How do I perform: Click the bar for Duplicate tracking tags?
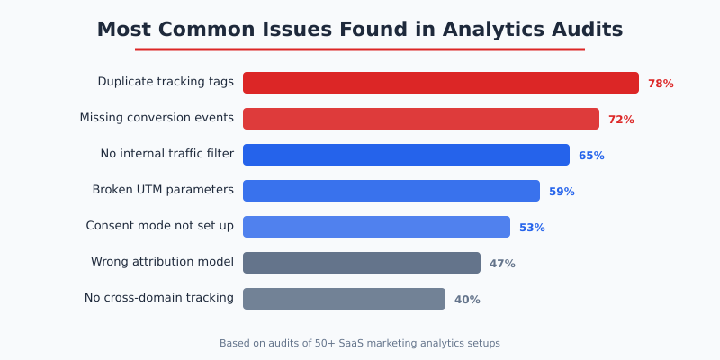pyautogui.click(x=440, y=83)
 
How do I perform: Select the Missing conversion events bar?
pyautogui.click(x=420, y=119)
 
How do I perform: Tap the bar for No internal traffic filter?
pyautogui.click(x=406, y=155)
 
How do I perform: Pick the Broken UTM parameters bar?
pyautogui.click(x=391, y=191)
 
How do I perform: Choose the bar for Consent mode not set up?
pyautogui.click(x=376, y=227)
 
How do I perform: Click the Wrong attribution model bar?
pyautogui.click(x=361, y=263)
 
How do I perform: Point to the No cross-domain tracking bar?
pyautogui.click(x=344, y=299)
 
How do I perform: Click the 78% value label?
pyautogui.click(x=661, y=84)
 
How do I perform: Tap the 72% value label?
pyautogui.click(x=621, y=120)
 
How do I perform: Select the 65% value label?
pyautogui.click(x=591, y=156)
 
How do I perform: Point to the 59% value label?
pyautogui.click(x=562, y=192)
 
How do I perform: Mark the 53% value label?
pyautogui.click(x=532, y=228)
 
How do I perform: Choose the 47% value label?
pyautogui.click(x=502, y=264)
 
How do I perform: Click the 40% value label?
pyautogui.click(x=467, y=300)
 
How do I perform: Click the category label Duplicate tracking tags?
pyautogui.click(x=166, y=82)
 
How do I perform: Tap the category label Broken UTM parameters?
pyautogui.click(x=163, y=190)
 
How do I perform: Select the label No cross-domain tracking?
pyautogui.click(x=159, y=298)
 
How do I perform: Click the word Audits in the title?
pyautogui.click(x=582, y=29)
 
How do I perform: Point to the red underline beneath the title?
pyautogui.click(x=360, y=49)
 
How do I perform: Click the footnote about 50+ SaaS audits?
pyautogui.click(x=360, y=343)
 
